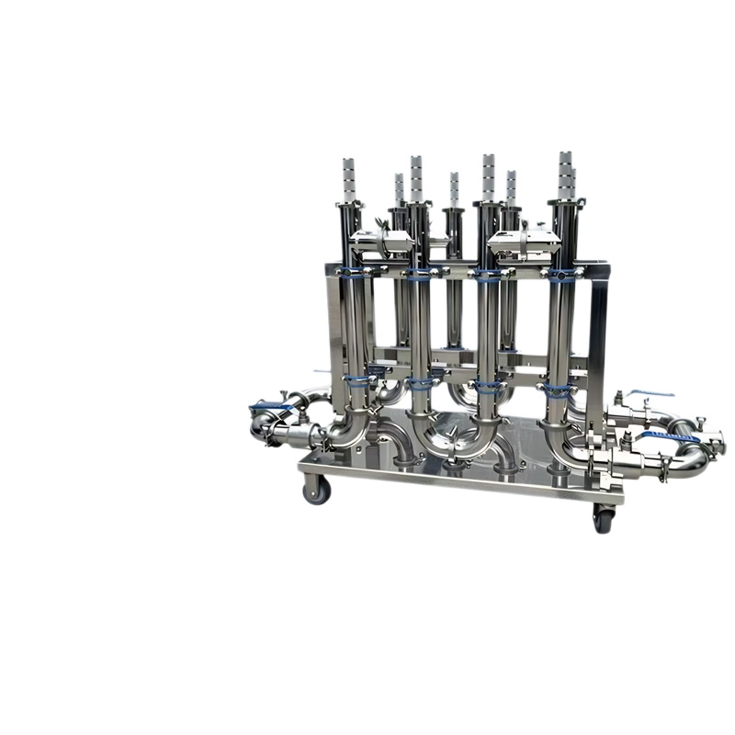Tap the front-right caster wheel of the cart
[x=604, y=518]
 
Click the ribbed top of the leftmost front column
[x=348, y=177]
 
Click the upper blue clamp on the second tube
[x=418, y=273]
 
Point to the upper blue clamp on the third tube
[x=488, y=273]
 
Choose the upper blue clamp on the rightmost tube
[x=558, y=273]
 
